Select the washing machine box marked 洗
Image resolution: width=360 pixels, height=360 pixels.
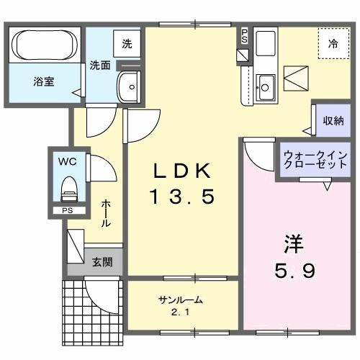tap(127, 43)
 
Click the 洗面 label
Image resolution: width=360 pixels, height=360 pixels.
tap(100, 65)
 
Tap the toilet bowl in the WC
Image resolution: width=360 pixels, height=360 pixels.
tap(69, 190)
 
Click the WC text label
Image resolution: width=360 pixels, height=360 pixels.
tap(66, 162)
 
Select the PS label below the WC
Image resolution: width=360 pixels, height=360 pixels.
tap(67, 211)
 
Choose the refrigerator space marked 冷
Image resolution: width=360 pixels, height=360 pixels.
tap(333, 44)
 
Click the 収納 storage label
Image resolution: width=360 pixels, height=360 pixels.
tap(333, 120)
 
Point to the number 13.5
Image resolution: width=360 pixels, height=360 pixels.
tap(183, 196)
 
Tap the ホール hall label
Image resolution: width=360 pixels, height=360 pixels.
tap(106, 214)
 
